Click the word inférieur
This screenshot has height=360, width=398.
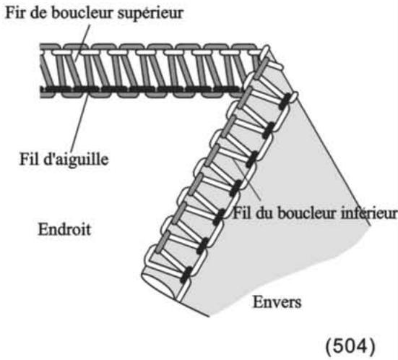pyautogui.click(x=371, y=214)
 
